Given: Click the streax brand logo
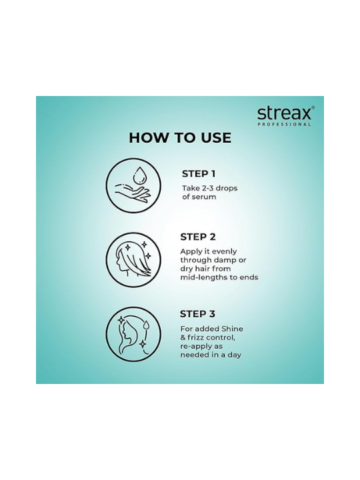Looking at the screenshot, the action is pyautogui.click(x=284, y=113).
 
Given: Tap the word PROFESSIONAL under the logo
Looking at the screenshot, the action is pyautogui.click(x=285, y=124).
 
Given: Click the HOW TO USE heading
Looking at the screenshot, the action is pyautogui.click(x=180, y=138).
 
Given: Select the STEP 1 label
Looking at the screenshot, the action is pyautogui.click(x=199, y=173).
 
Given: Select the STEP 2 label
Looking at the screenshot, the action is pyautogui.click(x=198, y=237).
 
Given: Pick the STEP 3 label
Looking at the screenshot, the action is pyautogui.click(x=197, y=314).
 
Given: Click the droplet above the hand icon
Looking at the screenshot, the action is pyautogui.click(x=139, y=175).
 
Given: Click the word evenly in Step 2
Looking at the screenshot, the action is pyautogui.click(x=224, y=251).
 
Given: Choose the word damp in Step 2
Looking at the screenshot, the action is pyautogui.click(x=226, y=261).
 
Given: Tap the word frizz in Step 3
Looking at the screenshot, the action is pyautogui.click(x=196, y=337).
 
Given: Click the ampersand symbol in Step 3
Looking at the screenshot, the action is pyautogui.click(x=183, y=337).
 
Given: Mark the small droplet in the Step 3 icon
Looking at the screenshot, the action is pyautogui.click(x=147, y=325).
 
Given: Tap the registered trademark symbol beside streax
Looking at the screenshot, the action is pyautogui.click(x=313, y=107).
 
